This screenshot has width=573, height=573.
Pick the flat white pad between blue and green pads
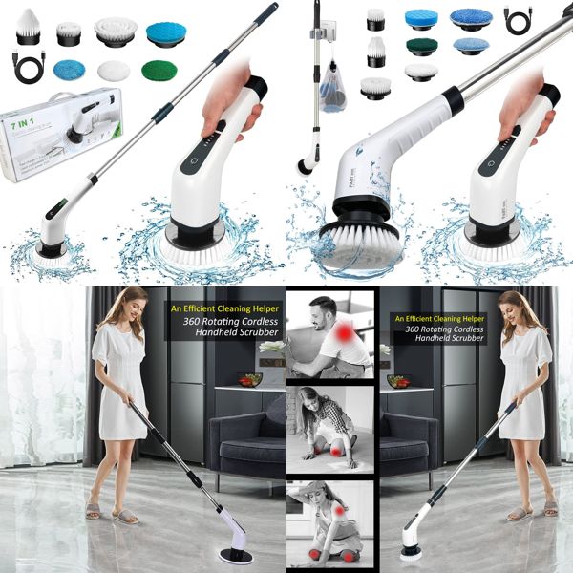(x=113, y=71)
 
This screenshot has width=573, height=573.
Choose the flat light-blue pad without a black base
(x=70, y=71)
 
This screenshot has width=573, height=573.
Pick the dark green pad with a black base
(x=420, y=47)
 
